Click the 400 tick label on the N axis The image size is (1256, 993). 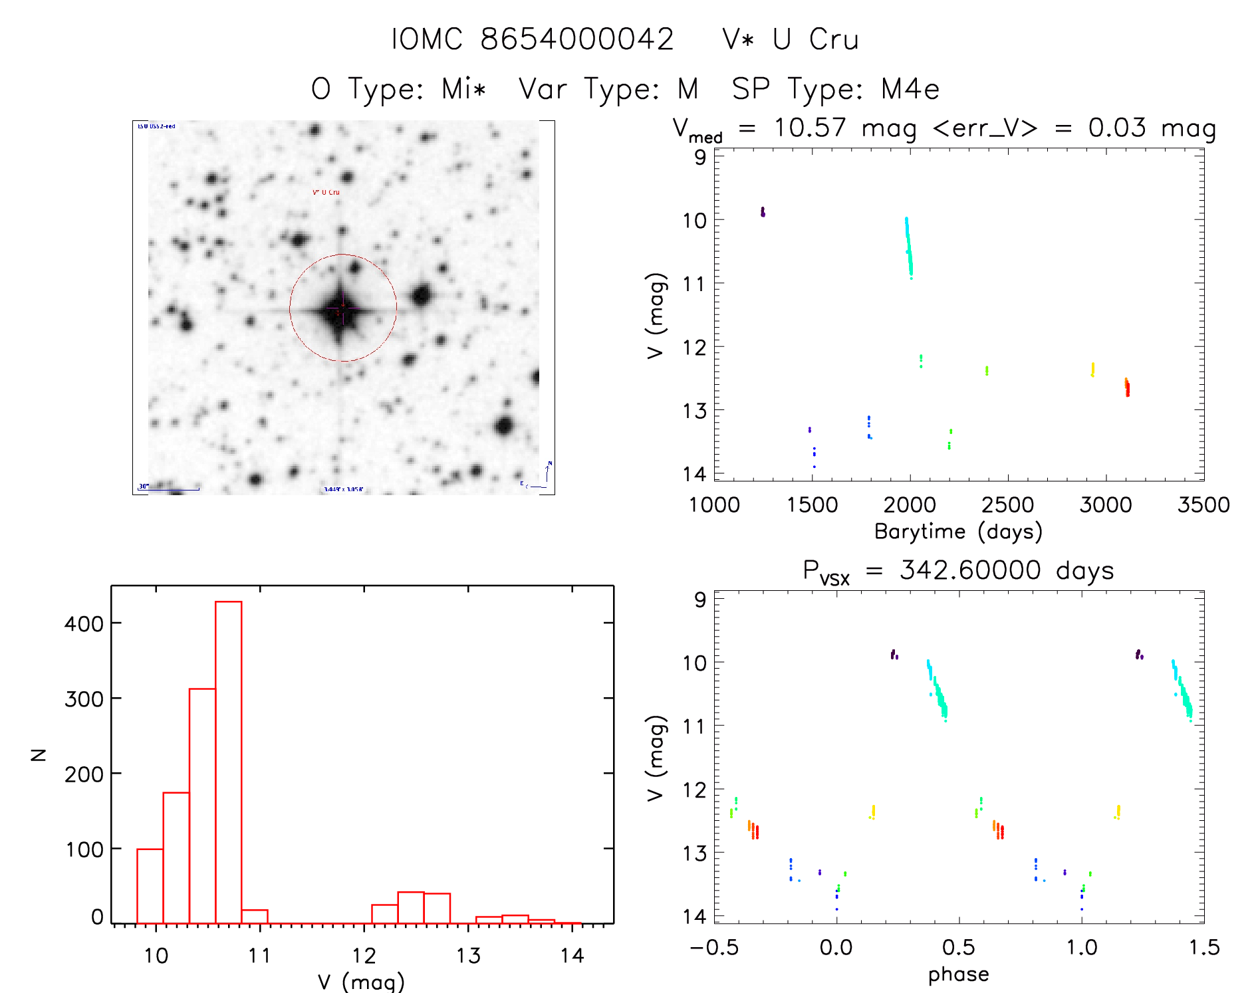[84, 624]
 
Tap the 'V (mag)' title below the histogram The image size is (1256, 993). [361, 982]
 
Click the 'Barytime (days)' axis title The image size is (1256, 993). [958, 532]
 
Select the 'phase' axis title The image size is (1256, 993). [958, 974]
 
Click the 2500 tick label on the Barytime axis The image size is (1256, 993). [1007, 505]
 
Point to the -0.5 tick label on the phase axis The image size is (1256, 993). [714, 948]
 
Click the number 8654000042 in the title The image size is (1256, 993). [577, 39]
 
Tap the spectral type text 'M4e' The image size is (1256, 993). [910, 89]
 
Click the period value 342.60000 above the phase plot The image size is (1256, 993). [970, 570]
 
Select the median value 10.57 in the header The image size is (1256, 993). [810, 128]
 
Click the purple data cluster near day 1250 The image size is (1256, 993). [763, 212]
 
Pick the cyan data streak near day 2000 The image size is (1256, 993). [908, 246]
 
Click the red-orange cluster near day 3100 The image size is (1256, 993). [1127, 387]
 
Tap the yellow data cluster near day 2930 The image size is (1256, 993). [1092, 370]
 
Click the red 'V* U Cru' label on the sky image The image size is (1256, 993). [326, 193]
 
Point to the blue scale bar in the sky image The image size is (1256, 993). [172, 490]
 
